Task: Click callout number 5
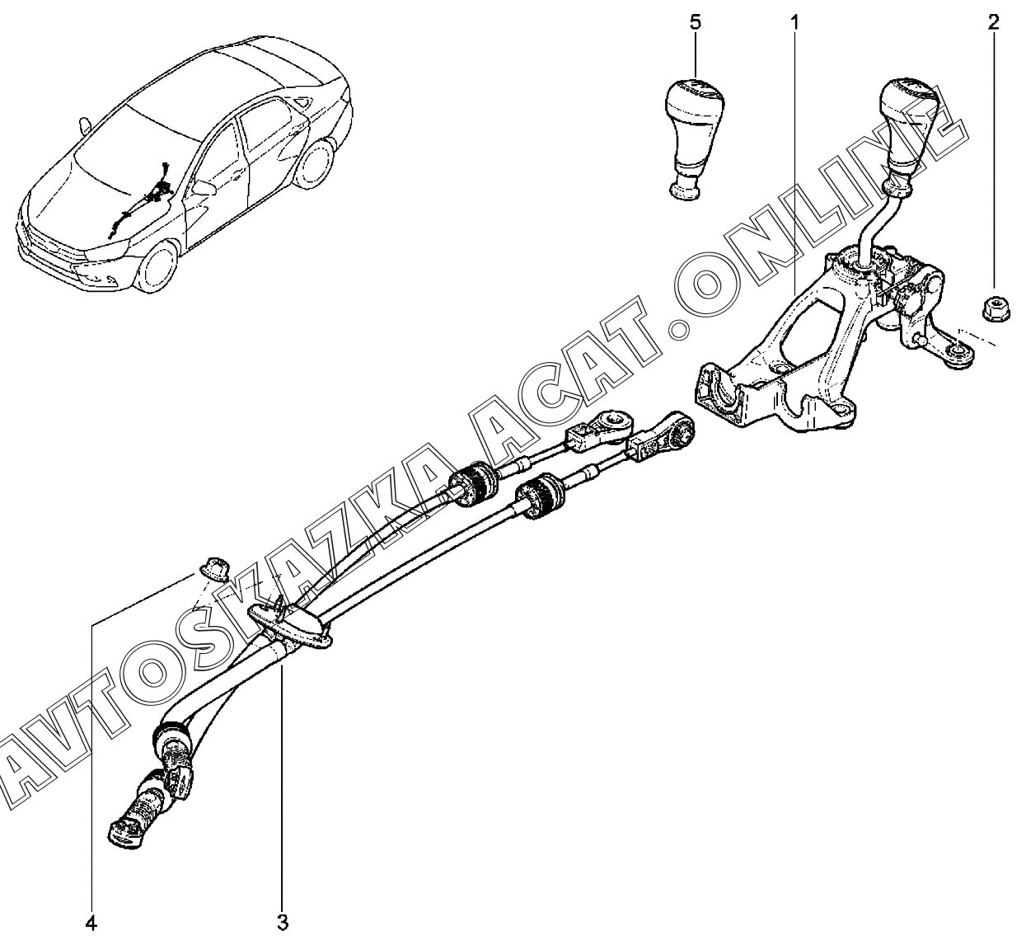tap(695, 22)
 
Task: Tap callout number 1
tap(794, 22)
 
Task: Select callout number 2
tap(993, 22)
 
